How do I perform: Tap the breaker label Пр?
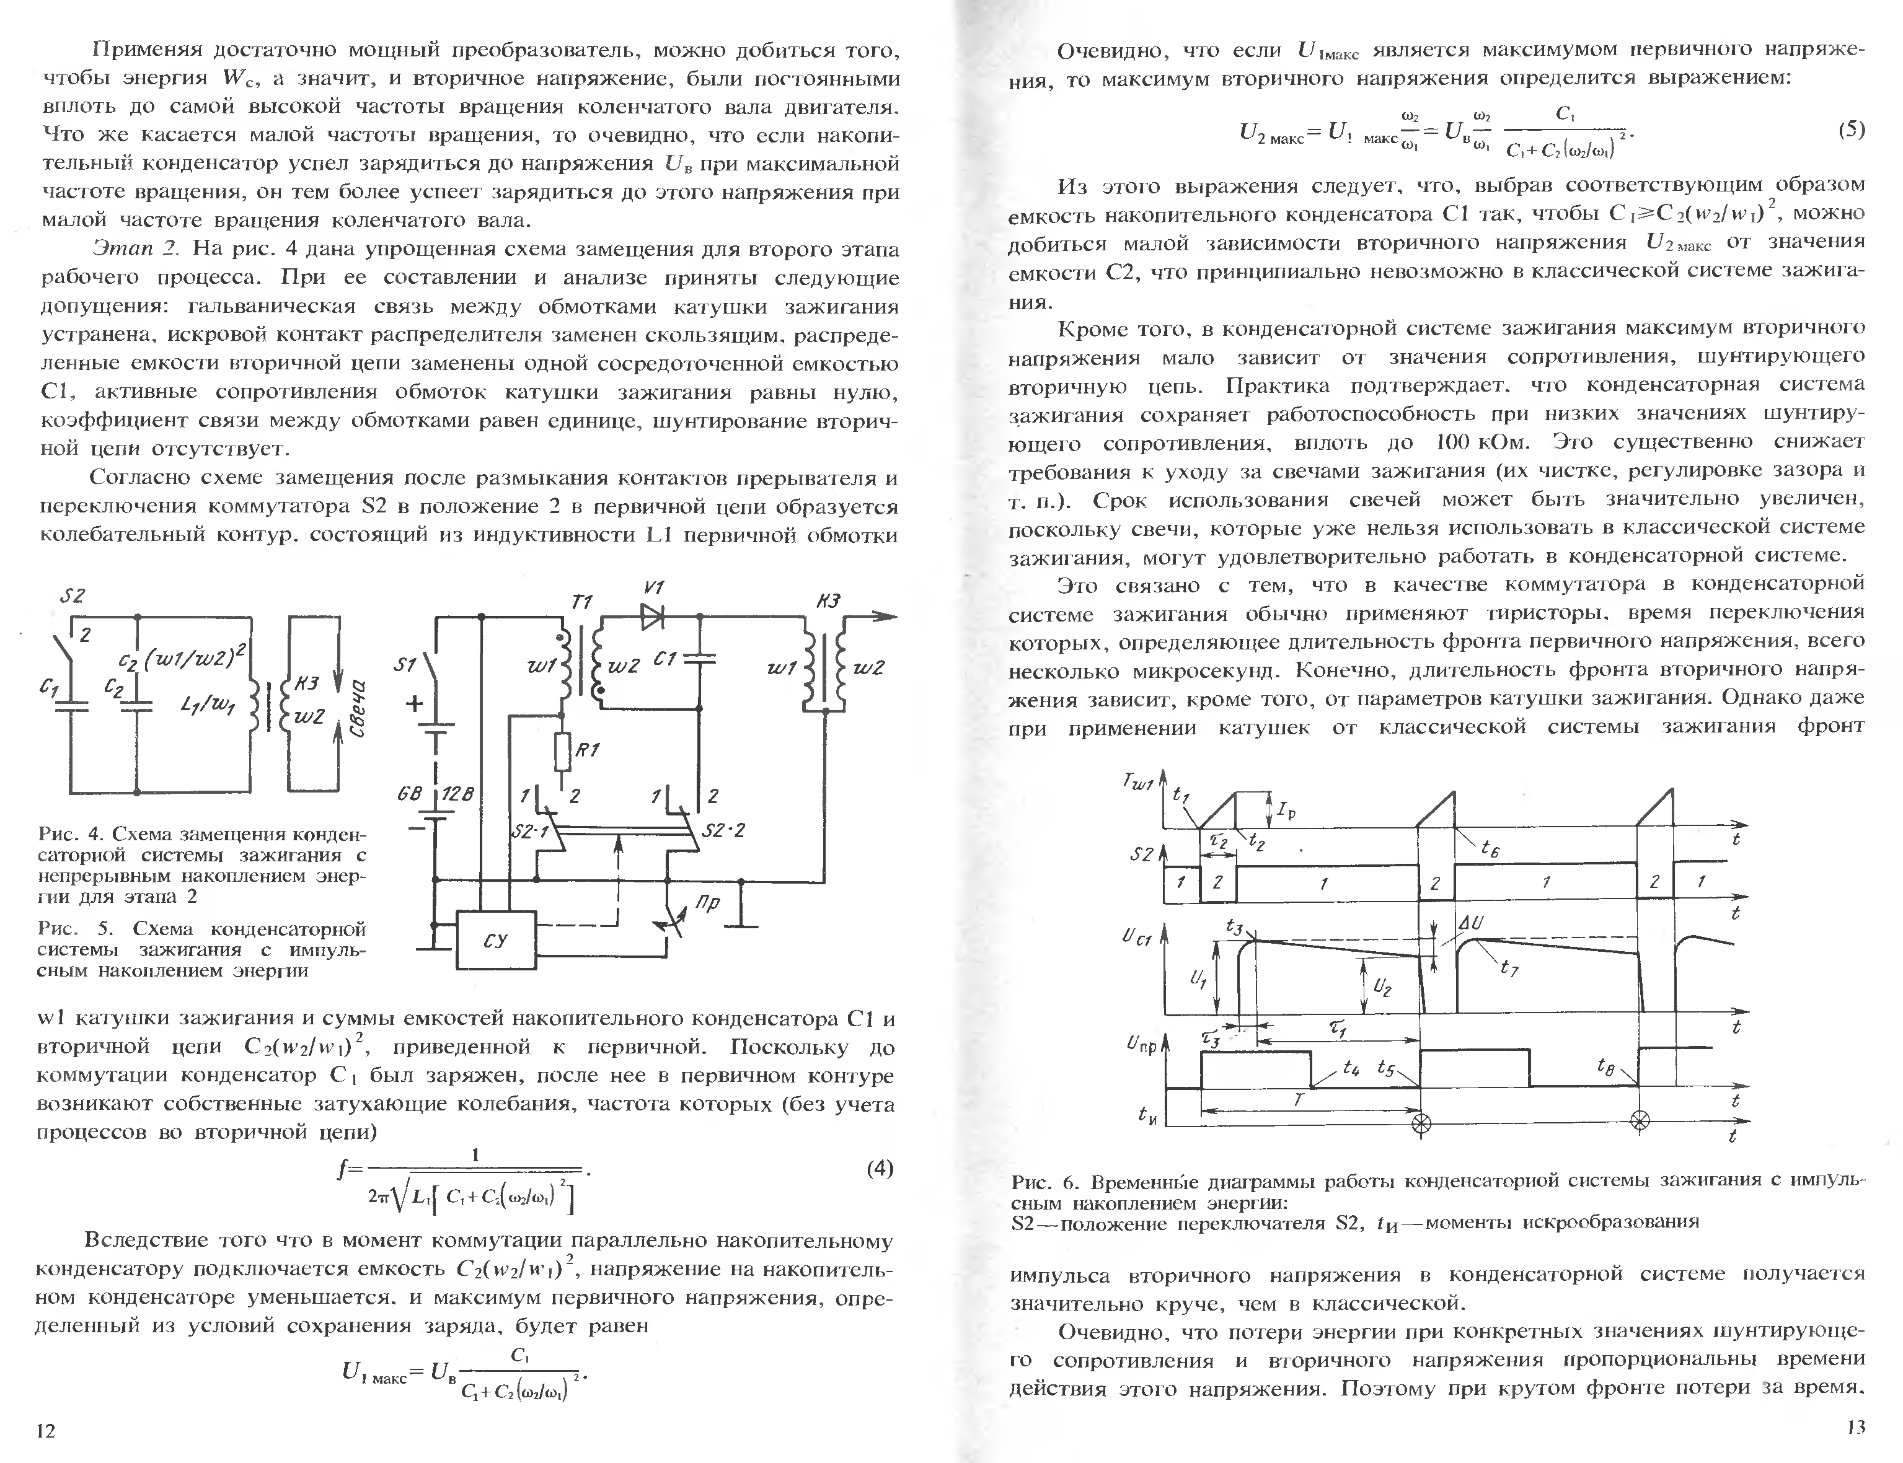pos(708,904)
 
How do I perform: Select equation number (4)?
pos(880,1169)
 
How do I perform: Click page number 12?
pos(45,1430)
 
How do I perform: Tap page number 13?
pos(1855,1426)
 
